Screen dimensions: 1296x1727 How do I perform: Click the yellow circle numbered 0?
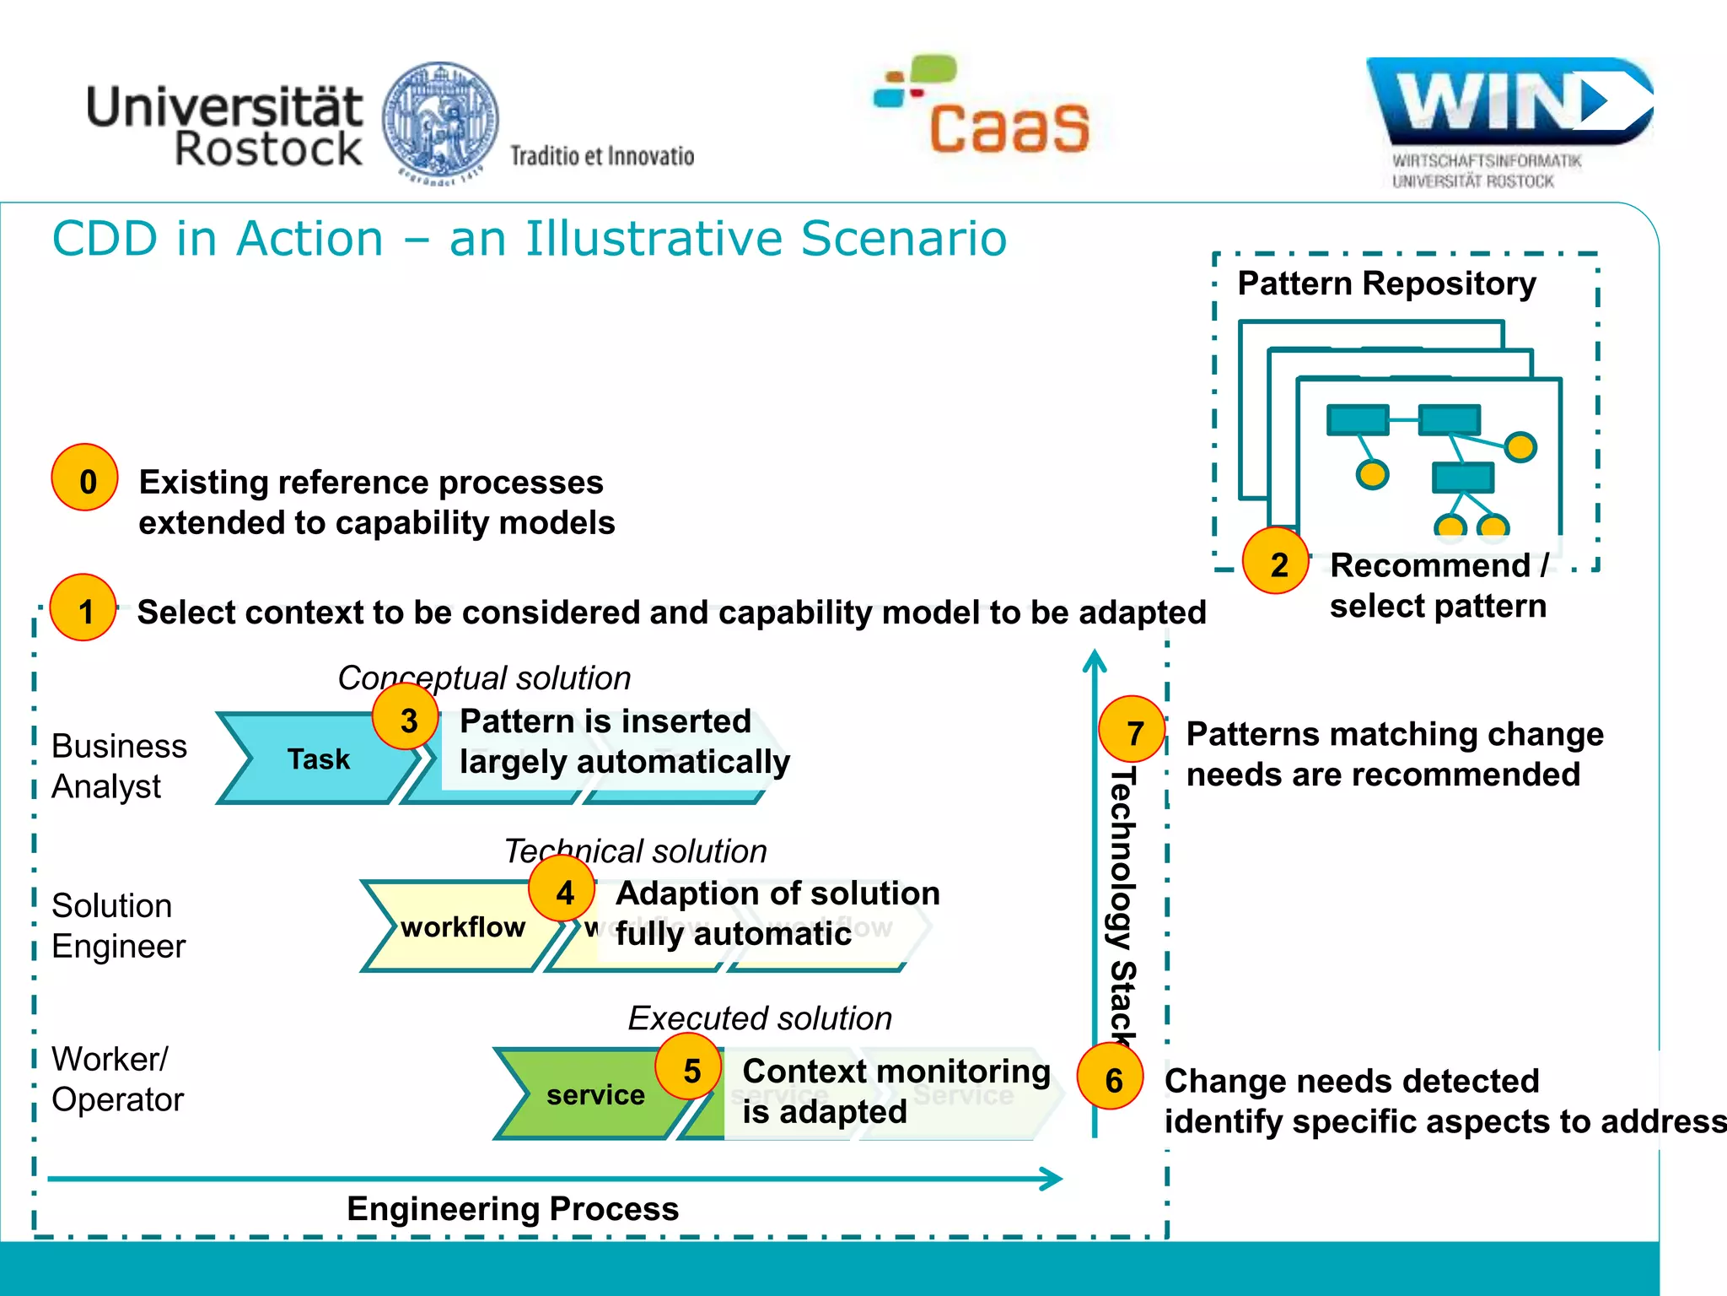click(x=84, y=478)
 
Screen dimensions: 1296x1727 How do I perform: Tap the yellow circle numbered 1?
click(x=83, y=608)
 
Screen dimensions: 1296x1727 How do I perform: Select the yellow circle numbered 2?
click(x=1276, y=561)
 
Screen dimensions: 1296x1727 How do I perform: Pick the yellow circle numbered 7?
click(x=1133, y=730)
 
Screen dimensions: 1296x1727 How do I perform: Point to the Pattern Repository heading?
click(x=1385, y=283)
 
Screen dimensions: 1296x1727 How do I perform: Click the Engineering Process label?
click(x=513, y=1208)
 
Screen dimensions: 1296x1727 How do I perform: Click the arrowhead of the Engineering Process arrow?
click(x=1052, y=1179)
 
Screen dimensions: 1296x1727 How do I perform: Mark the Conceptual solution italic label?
click(x=484, y=678)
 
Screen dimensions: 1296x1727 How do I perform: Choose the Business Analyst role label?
click(x=118, y=766)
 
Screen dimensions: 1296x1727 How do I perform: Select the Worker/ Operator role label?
click(x=116, y=1079)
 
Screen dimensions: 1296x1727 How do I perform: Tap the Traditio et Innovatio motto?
click(x=601, y=156)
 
